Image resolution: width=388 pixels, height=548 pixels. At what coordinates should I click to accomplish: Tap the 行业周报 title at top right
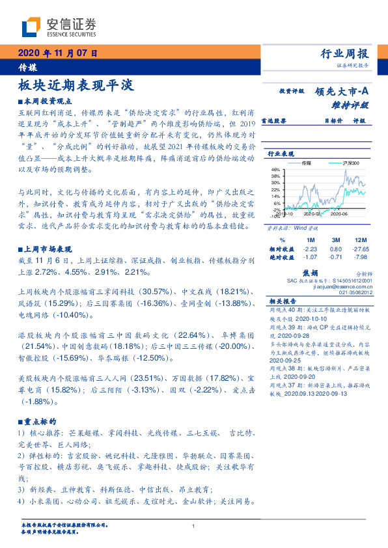pyautogui.click(x=345, y=54)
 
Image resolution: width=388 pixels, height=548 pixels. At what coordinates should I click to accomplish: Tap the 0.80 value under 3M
pyautogui.click(x=336, y=249)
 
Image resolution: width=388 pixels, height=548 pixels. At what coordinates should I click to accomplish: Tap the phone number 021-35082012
pyautogui.click(x=364, y=292)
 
